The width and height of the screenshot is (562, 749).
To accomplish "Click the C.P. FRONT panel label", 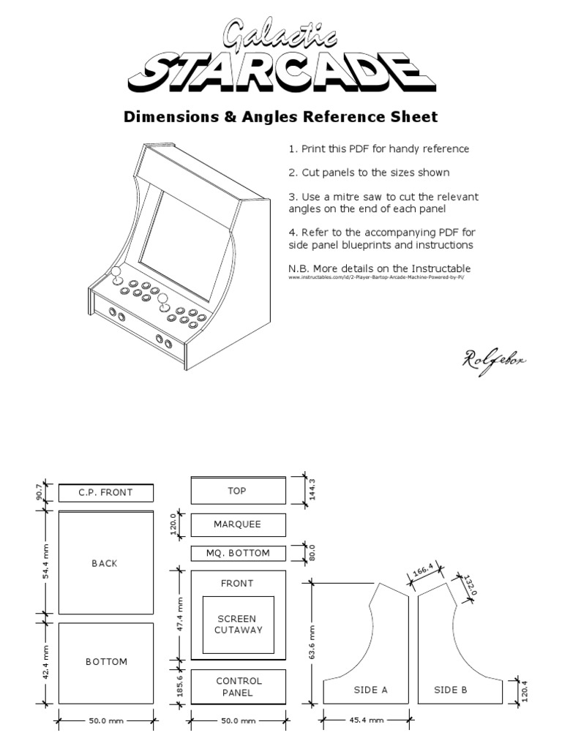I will coord(105,492).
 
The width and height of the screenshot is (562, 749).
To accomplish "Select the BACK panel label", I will coord(105,563).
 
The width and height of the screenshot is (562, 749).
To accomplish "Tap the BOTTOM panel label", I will coord(106,661).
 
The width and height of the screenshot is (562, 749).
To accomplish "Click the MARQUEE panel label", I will coord(237,524).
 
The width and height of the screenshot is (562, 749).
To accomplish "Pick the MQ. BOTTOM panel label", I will coord(237,553).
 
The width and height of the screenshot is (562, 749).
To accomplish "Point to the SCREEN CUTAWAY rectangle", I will coord(238,624).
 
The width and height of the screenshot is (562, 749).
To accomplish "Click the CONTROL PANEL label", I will coord(239,686).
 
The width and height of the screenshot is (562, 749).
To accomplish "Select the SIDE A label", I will coord(370,689).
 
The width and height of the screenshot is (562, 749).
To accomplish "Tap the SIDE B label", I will coord(451,689).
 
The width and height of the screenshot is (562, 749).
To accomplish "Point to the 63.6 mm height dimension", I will coord(312,642).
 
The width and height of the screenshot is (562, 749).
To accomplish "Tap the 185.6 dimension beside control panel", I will coord(181,687).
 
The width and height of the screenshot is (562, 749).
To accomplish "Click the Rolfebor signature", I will coord(495,358).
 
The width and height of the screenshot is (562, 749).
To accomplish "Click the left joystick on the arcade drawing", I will coord(116,274).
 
